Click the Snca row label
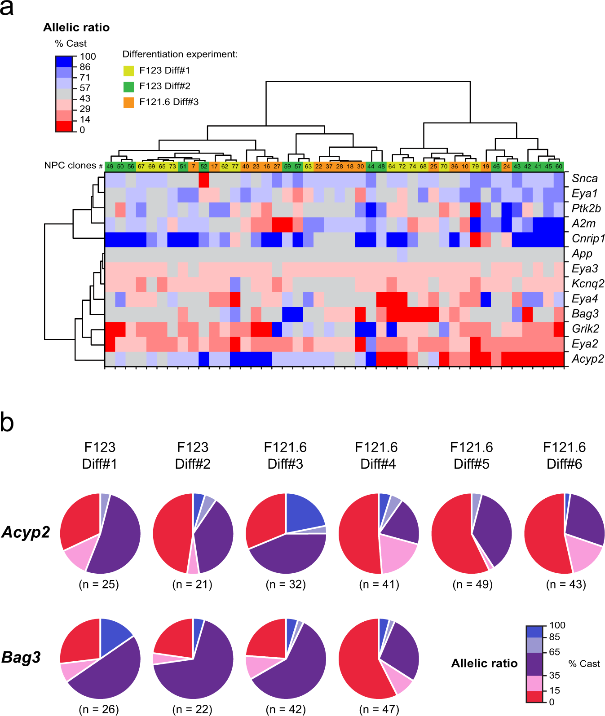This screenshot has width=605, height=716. pyautogui.click(x=584, y=178)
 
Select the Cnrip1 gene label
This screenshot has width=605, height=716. pyautogui.click(x=588, y=238)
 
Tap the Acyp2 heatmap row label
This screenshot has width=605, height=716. pyautogui.click(x=587, y=359)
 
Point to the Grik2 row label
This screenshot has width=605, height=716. pyautogui.click(x=585, y=329)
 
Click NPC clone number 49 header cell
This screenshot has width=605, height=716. pyautogui.click(x=110, y=166)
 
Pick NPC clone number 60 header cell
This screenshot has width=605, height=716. pyautogui.click(x=559, y=166)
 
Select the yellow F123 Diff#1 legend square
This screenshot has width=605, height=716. pyautogui.click(x=129, y=70)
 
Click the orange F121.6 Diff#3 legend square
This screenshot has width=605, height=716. pyautogui.click(x=129, y=102)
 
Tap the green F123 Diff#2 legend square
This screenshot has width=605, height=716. pyautogui.click(x=129, y=86)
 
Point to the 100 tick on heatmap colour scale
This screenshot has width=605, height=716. pyautogui.click(x=88, y=57)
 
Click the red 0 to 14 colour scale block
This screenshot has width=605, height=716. pyautogui.click(x=64, y=126)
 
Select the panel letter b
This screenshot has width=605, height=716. pyautogui.click(x=7, y=423)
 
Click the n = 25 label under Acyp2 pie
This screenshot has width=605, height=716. pyautogui.click(x=99, y=584)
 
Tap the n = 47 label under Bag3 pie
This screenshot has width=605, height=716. pyautogui.click(x=379, y=709)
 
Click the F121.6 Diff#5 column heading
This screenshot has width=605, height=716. pyautogui.click(x=471, y=455)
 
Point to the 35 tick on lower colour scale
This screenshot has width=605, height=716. pyautogui.click(x=554, y=675)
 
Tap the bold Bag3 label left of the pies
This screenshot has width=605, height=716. pyautogui.click(x=21, y=657)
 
